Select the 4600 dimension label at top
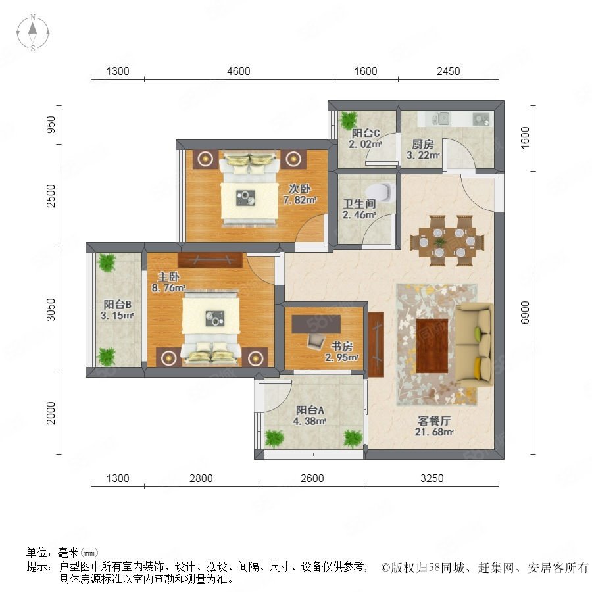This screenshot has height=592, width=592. (239, 71)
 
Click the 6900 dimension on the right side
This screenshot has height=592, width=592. (525, 312)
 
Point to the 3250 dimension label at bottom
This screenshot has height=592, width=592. (432, 478)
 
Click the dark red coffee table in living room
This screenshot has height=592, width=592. (432, 345)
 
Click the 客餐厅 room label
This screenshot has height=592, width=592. (434, 421)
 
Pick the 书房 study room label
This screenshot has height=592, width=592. (341, 346)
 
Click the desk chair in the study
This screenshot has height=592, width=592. (316, 341)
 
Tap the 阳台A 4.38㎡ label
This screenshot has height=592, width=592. (310, 415)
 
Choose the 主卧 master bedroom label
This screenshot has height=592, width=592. (168, 277)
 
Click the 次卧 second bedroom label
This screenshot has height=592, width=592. (300, 188)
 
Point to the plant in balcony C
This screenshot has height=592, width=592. (348, 120)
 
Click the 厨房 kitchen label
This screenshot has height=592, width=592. (422, 144)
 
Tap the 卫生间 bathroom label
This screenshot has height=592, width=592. (359, 204)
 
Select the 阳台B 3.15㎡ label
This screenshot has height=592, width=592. (118, 310)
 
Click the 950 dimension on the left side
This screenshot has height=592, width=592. (51, 124)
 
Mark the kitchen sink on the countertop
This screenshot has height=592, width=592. (441, 119)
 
